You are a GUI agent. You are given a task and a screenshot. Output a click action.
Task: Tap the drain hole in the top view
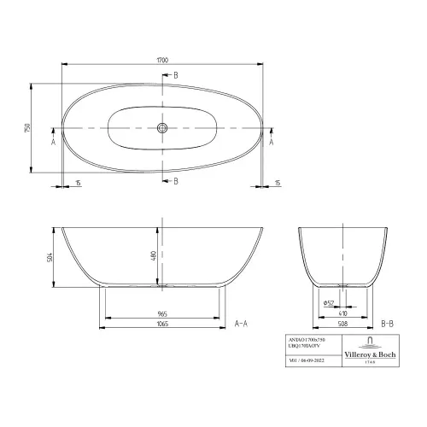161,127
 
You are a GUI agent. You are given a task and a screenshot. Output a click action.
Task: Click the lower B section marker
176,181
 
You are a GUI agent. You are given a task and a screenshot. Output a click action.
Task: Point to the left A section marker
53,143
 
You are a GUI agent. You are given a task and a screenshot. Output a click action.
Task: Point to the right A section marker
272,143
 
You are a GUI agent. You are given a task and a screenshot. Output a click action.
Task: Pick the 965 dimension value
162,313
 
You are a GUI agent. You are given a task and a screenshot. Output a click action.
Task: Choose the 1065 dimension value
162,325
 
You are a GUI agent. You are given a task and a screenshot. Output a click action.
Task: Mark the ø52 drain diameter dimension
328,301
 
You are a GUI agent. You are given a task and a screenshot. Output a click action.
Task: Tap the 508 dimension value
343,325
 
